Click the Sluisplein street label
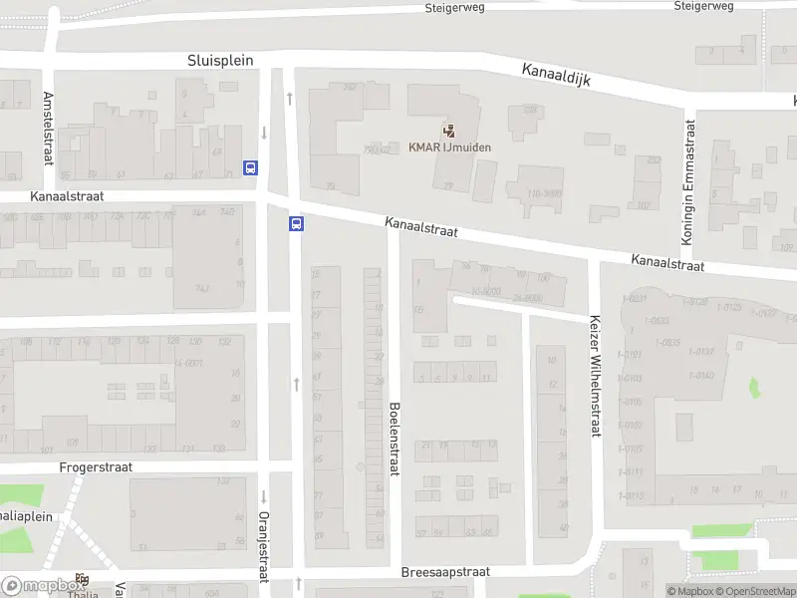pos(220,61)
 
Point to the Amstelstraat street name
pos(48,129)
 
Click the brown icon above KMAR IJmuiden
pos(448,130)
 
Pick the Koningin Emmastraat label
pos(686,182)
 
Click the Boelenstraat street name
pos(395,440)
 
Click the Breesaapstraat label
pos(445,573)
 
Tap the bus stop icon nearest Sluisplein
pos(250,168)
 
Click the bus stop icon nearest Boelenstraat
pos(296,224)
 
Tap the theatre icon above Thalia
pos(81,579)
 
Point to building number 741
pos(202,287)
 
